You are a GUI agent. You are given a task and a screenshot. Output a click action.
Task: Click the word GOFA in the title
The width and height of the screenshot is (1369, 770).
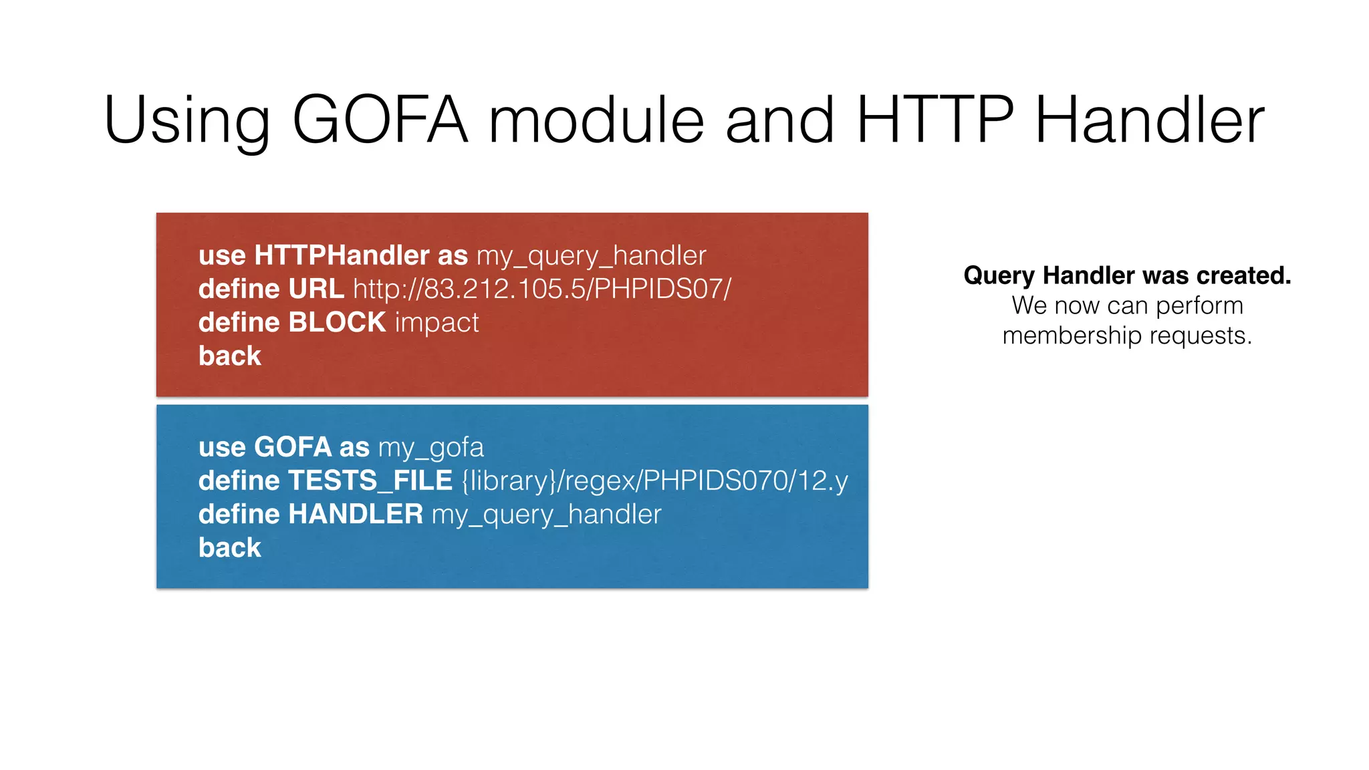[380, 120]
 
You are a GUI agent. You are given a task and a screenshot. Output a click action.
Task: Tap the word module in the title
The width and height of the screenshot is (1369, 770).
[596, 120]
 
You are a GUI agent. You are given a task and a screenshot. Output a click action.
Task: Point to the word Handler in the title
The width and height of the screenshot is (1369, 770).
[1150, 120]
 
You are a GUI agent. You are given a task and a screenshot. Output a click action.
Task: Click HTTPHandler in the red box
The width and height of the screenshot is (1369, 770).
[342, 255]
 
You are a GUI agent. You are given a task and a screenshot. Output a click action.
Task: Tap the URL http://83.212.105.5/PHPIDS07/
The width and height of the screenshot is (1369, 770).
[542, 289]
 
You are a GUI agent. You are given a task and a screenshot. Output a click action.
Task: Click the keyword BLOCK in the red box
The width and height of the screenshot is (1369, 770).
[337, 323]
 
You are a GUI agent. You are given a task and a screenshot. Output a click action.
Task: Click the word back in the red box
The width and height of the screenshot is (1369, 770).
[229, 356]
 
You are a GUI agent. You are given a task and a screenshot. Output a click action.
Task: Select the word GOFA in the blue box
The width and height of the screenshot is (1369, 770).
[292, 447]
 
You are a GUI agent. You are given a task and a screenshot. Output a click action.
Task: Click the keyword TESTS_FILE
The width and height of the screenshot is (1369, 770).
[370, 481]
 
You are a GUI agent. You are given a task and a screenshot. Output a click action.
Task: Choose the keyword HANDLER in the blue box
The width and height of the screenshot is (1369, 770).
[355, 515]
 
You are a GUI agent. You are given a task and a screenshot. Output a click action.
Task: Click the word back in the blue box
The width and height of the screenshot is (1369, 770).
[229, 548]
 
